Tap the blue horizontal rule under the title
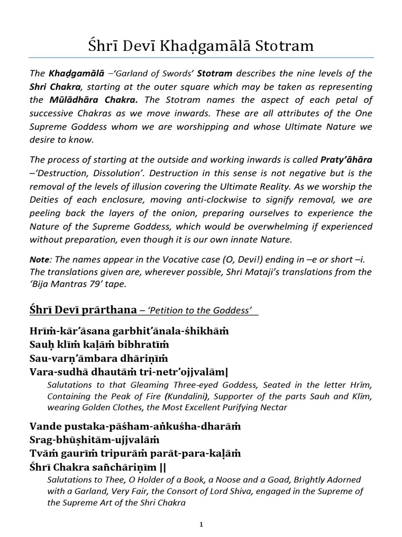pos(201,58)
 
